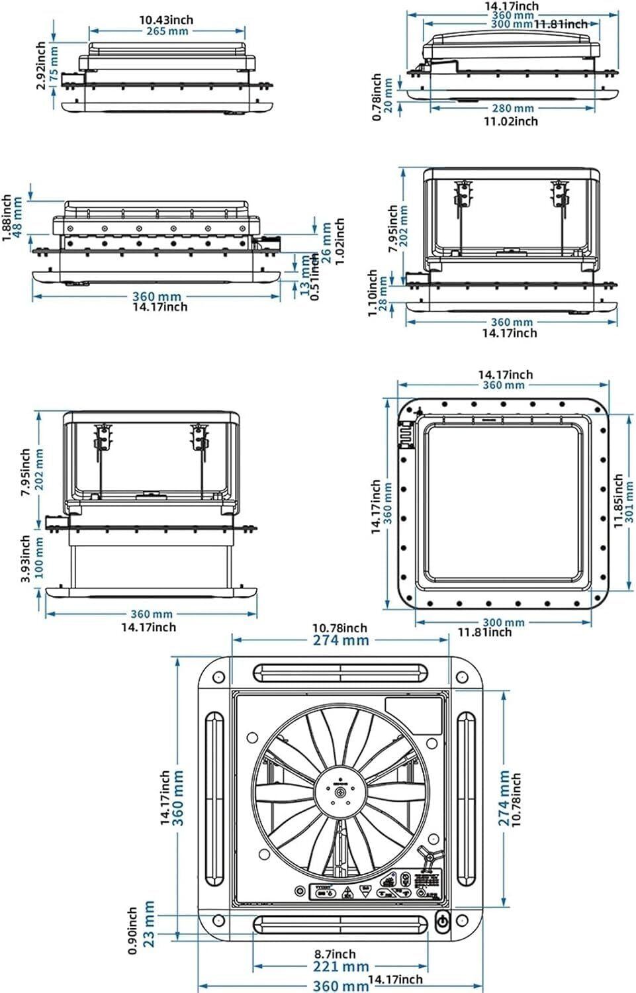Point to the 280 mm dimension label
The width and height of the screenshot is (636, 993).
[x=512, y=109]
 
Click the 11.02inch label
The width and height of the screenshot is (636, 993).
[x=510, y=121]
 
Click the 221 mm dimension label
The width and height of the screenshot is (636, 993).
[x=340, y=967]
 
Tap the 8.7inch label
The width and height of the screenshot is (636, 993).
[x=335, y=954]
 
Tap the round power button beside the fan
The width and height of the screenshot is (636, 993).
[x=442, y=921]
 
